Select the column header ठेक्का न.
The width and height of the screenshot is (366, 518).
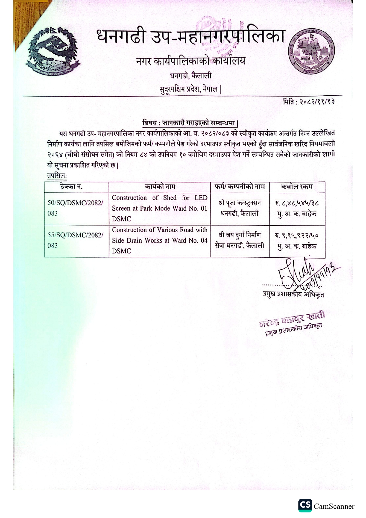71,187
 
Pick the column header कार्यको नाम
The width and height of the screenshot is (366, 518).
160,187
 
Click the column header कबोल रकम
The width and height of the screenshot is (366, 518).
297,187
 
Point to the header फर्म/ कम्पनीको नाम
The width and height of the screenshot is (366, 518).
240,187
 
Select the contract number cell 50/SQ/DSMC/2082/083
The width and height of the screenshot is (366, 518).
76,208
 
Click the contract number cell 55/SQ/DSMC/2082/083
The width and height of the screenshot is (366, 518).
76,240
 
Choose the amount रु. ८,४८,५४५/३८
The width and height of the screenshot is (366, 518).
297,203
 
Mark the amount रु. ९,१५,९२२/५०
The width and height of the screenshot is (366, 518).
297,236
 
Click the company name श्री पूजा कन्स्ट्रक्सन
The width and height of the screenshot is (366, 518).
240,203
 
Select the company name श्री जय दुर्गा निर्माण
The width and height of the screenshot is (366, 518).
240,235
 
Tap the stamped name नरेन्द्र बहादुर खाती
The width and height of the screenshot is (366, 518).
292,320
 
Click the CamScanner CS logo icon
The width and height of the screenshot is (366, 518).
305,506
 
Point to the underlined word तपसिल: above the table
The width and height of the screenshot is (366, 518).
57,176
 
